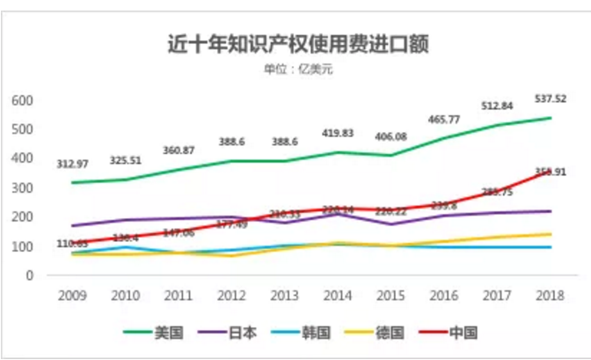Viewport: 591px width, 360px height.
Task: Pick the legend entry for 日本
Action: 230,333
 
